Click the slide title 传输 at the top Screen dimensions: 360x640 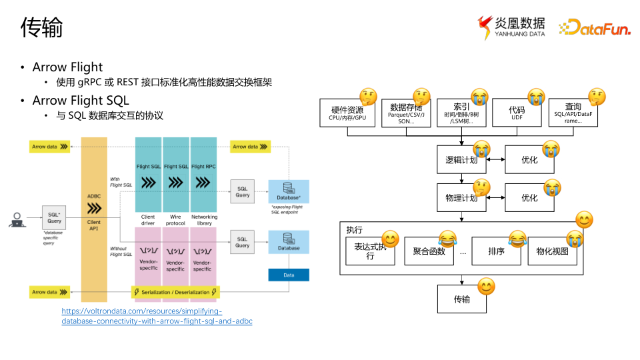pos(42,28)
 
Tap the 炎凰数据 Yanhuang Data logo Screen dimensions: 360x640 pos(511,27)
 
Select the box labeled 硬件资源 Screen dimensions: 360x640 pos(347,113)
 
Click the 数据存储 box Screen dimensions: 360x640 pos(406,113)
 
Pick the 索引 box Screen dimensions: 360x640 pos(461,113)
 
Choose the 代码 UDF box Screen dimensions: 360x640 pos(517,113)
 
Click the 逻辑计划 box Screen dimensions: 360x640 pos(461,160)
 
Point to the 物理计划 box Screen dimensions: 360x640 pos(461,198)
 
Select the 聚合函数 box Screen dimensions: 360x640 pos(429,251)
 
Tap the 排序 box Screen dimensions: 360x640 pos(495,251)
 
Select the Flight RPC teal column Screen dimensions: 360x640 pos(204,173)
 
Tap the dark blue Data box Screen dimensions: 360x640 pos(289,275)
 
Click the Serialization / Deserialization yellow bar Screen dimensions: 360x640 pos(175,292)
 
